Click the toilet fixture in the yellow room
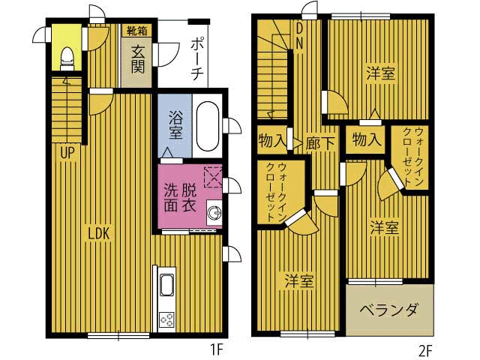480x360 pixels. click(x=67, y=58)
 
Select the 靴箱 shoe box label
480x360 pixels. click(x=136, y=31)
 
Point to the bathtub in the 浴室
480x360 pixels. click(x=208, y=126)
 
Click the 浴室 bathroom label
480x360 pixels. click(x=175, y=125)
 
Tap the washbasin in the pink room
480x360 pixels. click(x=214, y=212)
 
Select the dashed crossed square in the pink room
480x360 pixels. click(x=213, y=176)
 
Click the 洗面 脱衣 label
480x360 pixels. click(x=180, y=198)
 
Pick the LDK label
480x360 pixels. click(x=99, y=233)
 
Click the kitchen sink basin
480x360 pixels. click(x=166, y=285)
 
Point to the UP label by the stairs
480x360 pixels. click(x=67, y=152)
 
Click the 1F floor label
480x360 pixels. click(x=217, y=349)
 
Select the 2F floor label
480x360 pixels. click(x=425, y=351)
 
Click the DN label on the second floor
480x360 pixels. click(x=299, y=36)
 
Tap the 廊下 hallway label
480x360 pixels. click(x=319, y=142)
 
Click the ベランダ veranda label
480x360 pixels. click(x=388, y=310)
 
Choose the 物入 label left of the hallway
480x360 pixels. click(x=272, y=141)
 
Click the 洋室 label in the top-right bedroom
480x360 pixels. click(x=380, y=73)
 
